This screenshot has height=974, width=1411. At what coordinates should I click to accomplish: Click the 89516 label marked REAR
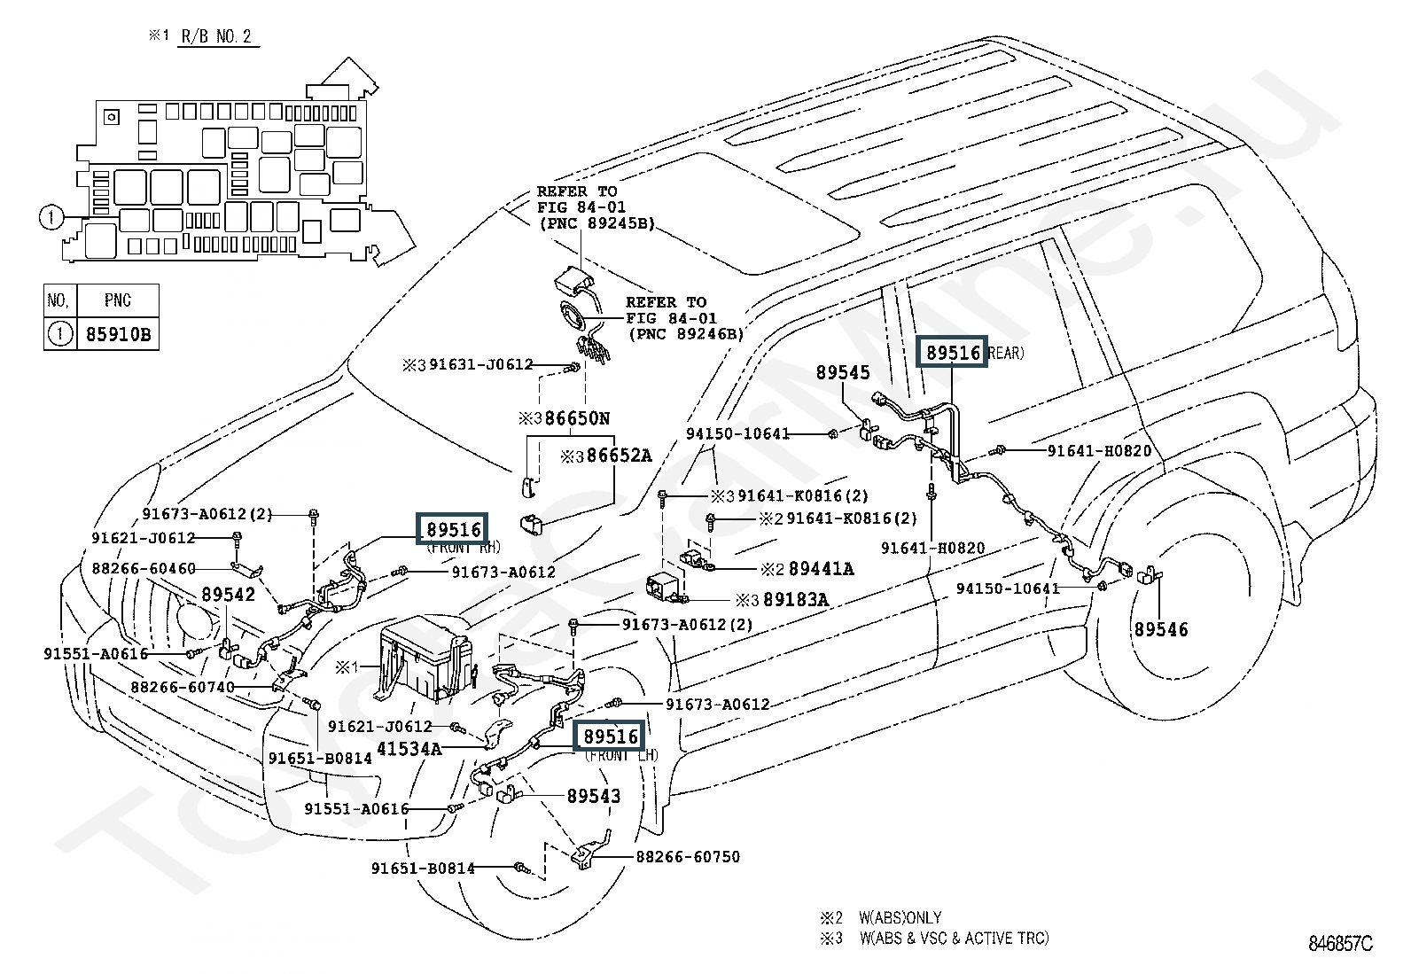point(954,353)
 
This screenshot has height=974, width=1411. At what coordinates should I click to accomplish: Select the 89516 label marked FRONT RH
point(454,530)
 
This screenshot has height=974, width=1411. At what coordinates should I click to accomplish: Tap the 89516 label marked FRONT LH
point(611,736)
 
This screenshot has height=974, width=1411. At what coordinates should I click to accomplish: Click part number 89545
point(843,373)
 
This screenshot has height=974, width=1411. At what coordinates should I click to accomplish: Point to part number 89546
point(1161,629)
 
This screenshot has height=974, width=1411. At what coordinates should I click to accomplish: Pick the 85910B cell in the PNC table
point(118,335)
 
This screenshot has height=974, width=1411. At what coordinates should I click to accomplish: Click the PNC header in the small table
point(118,300)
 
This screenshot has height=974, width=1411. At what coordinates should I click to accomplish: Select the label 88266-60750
point(688,857)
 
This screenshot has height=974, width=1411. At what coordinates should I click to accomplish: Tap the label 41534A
point(409,748)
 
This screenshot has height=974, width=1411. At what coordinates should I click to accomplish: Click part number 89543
point(594,796)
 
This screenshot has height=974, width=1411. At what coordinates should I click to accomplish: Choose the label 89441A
point(821,568)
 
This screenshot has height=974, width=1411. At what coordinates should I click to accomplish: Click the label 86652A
point(618,456)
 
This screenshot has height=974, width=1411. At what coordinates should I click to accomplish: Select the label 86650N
point(577,418)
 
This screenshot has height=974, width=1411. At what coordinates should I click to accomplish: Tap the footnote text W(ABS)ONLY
point(900,917)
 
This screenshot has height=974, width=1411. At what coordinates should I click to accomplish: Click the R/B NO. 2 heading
point(216,37)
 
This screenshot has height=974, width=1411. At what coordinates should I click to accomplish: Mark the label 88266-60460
point(143,568)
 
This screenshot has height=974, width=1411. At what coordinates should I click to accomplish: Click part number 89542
point(228,595)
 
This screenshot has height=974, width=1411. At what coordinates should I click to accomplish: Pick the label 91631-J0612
point(480,364)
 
